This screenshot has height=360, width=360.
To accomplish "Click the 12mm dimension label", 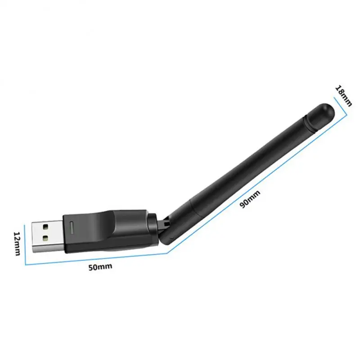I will (x=17, y=243).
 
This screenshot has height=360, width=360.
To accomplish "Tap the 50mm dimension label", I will (x=99, y=266).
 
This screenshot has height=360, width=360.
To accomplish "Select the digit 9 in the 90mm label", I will (x=243, y=203).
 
